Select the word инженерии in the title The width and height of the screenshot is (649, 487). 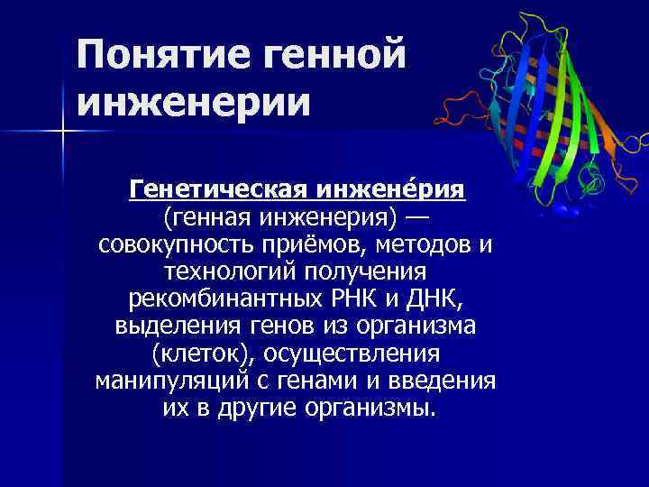coord(193,101)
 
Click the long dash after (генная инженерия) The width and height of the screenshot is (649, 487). coord(416,218)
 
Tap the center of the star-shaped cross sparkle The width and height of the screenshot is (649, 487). coord(64,133)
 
